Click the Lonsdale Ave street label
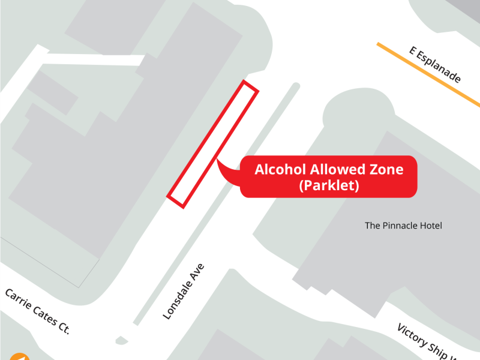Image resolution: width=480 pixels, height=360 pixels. point(184,291)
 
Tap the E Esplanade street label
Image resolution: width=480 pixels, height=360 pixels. point(435,65)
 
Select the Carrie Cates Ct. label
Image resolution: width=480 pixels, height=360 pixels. point(37,311)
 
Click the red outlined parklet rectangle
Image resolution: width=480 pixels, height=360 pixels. point(213,144)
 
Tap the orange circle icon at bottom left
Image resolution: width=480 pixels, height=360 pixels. point(19,357)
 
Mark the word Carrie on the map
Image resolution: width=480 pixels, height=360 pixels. point(18,299)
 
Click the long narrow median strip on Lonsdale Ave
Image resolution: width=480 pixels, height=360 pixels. point(216,204)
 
